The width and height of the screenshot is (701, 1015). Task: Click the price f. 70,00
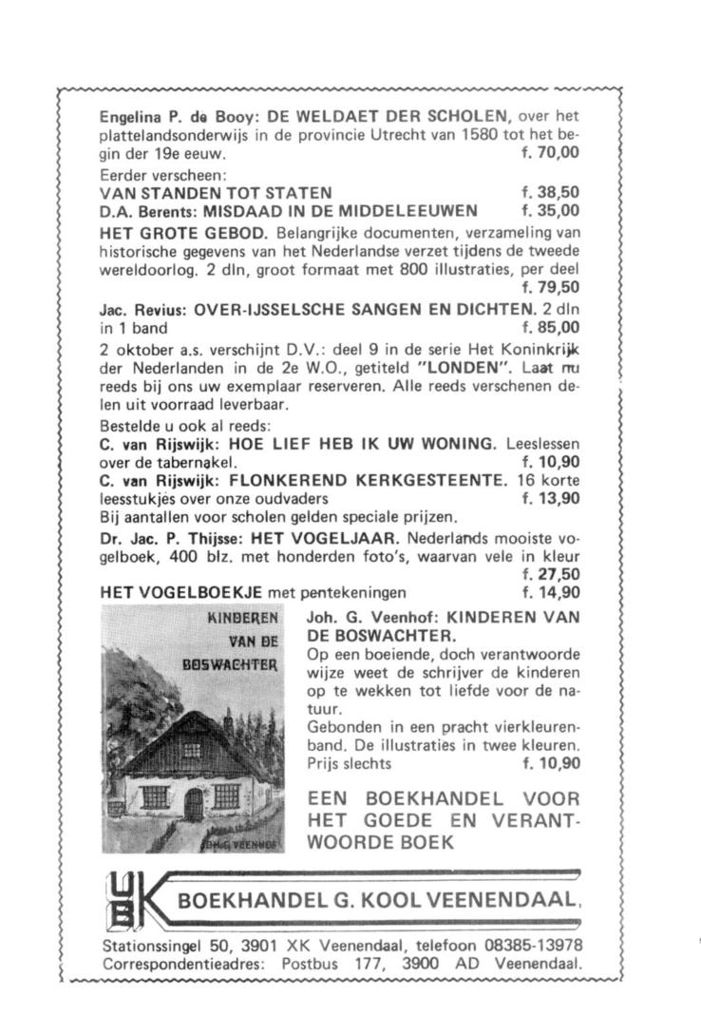[x=551, y=152]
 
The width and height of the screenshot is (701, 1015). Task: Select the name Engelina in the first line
[x=131, y=118]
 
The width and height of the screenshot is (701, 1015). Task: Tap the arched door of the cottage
[x=193, y=806]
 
